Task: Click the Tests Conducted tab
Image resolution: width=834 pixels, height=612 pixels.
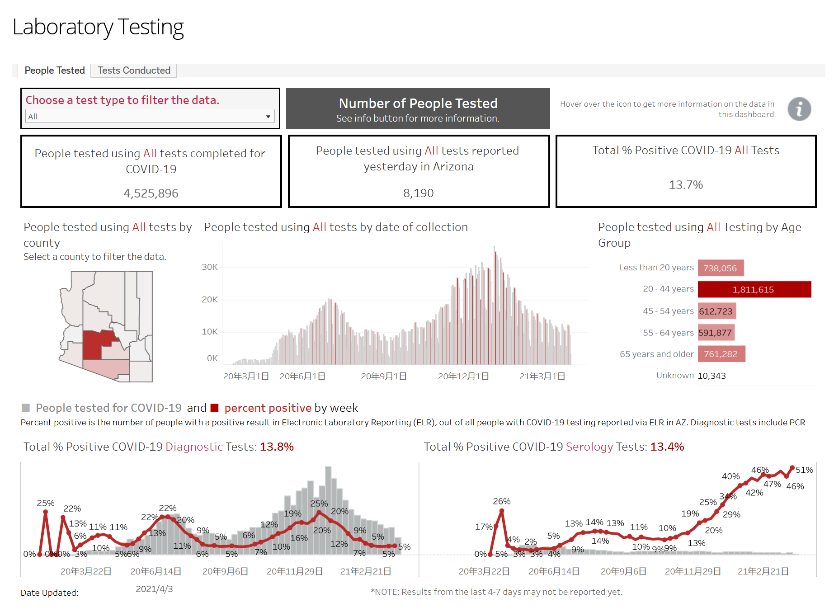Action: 134,71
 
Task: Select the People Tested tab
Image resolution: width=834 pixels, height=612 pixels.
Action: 54,71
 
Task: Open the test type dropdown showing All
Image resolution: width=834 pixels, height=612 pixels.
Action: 150,117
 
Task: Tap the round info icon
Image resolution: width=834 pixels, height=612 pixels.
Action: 799,109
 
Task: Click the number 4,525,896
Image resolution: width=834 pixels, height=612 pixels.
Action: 151,193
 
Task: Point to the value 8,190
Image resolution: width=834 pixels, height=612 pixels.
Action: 418,193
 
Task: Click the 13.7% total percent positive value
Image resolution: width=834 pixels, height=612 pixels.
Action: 685,185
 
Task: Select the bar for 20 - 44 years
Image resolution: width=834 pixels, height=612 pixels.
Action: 754,289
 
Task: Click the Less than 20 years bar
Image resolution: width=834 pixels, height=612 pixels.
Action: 720,268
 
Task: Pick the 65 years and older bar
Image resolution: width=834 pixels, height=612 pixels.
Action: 721,354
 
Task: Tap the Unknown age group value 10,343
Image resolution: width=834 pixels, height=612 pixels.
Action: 711,376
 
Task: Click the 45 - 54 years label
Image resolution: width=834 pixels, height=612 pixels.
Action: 668,311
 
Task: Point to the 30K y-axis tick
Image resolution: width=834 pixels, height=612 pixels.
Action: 210,267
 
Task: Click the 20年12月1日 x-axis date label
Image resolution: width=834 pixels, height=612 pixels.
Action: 463,377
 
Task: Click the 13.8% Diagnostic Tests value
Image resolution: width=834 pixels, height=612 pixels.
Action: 277,447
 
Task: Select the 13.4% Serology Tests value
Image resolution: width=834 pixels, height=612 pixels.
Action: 667,447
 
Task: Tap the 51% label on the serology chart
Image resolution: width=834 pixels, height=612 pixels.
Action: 804,470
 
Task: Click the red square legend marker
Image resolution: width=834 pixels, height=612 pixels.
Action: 215,408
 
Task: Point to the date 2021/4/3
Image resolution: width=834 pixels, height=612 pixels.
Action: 154,589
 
